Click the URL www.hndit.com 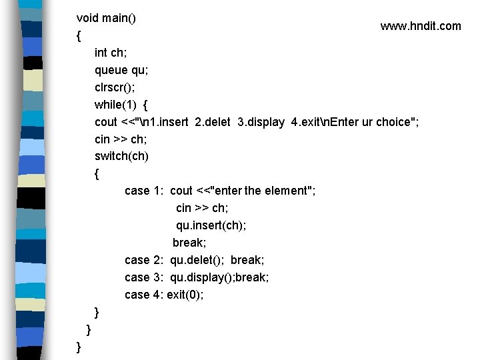(x=420, y=26)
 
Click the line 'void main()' (x=106, y=18)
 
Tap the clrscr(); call (x=117, y=87)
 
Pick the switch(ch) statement (x=122, y=157)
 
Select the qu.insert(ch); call (x=211, y=226)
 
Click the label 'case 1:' (x=144, y=191)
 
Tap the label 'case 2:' (x=144, y=260)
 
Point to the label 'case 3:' (x=144, y=277)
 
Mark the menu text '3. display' (x=261, y=122)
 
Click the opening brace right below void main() (x=79, y=35)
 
